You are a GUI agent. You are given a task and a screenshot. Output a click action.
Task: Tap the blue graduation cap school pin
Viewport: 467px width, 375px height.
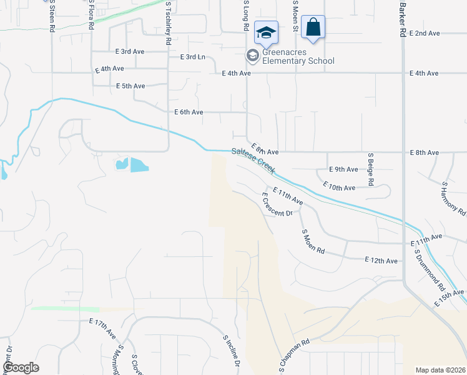pos(266,32)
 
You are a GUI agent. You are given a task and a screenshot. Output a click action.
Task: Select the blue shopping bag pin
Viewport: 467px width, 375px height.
pos(312,27)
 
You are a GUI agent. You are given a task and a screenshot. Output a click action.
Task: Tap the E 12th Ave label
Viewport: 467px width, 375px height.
pos(381,261)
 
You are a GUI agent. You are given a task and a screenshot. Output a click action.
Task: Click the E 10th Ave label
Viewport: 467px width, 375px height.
pos(339,185)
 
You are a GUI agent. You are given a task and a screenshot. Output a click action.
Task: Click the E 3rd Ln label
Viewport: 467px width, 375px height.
pos(192,57)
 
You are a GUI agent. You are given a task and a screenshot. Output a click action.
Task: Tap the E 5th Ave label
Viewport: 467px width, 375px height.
pos(130,86)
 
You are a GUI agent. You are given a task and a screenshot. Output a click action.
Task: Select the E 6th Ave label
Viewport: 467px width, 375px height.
pos(189,112)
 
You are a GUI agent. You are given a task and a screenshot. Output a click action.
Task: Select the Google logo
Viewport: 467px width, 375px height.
pos(21,367)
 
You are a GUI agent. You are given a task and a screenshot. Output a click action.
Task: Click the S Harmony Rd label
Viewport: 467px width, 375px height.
pos(453,199)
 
